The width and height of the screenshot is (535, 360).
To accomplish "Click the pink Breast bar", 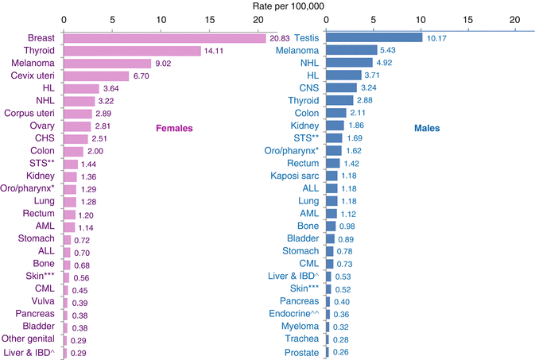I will (x=164, y=38).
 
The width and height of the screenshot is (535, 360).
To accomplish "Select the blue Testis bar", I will (x=374, y=37).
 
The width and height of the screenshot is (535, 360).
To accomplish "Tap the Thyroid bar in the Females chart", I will (x=131, y=51).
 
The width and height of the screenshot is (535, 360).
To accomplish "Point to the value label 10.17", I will (x=438, y=37).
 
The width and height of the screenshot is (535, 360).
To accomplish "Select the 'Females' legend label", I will (x=174, y=127).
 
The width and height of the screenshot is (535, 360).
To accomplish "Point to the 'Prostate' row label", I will (x=302, y=352).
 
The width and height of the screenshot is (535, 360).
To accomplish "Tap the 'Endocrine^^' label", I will (x=293, y=314).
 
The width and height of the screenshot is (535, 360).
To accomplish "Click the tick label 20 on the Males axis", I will (x=514, y=18).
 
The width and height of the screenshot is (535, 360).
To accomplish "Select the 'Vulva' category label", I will (x=43, y=301).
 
